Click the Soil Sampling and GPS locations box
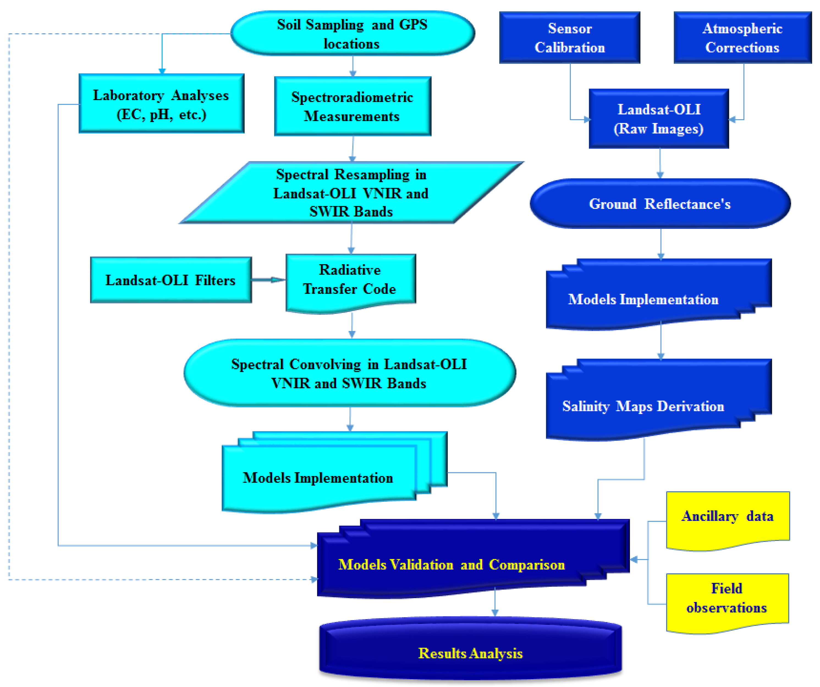[352, 34]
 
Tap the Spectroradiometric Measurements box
[352, 106]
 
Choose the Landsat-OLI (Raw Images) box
[659, 119]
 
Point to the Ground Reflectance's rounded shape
[660, 204]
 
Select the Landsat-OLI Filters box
[171, 280]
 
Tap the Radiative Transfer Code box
[350, 280]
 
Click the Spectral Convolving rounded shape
[350, 373]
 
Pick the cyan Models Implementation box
[318, 478]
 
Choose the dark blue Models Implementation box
[643, 299]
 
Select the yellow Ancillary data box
[727, 517]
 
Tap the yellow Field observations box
[727, 598]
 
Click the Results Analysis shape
[470, 653]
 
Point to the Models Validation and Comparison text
[452, 564]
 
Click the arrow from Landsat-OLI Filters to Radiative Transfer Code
[269, 280]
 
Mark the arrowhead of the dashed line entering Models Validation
[314, 579]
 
